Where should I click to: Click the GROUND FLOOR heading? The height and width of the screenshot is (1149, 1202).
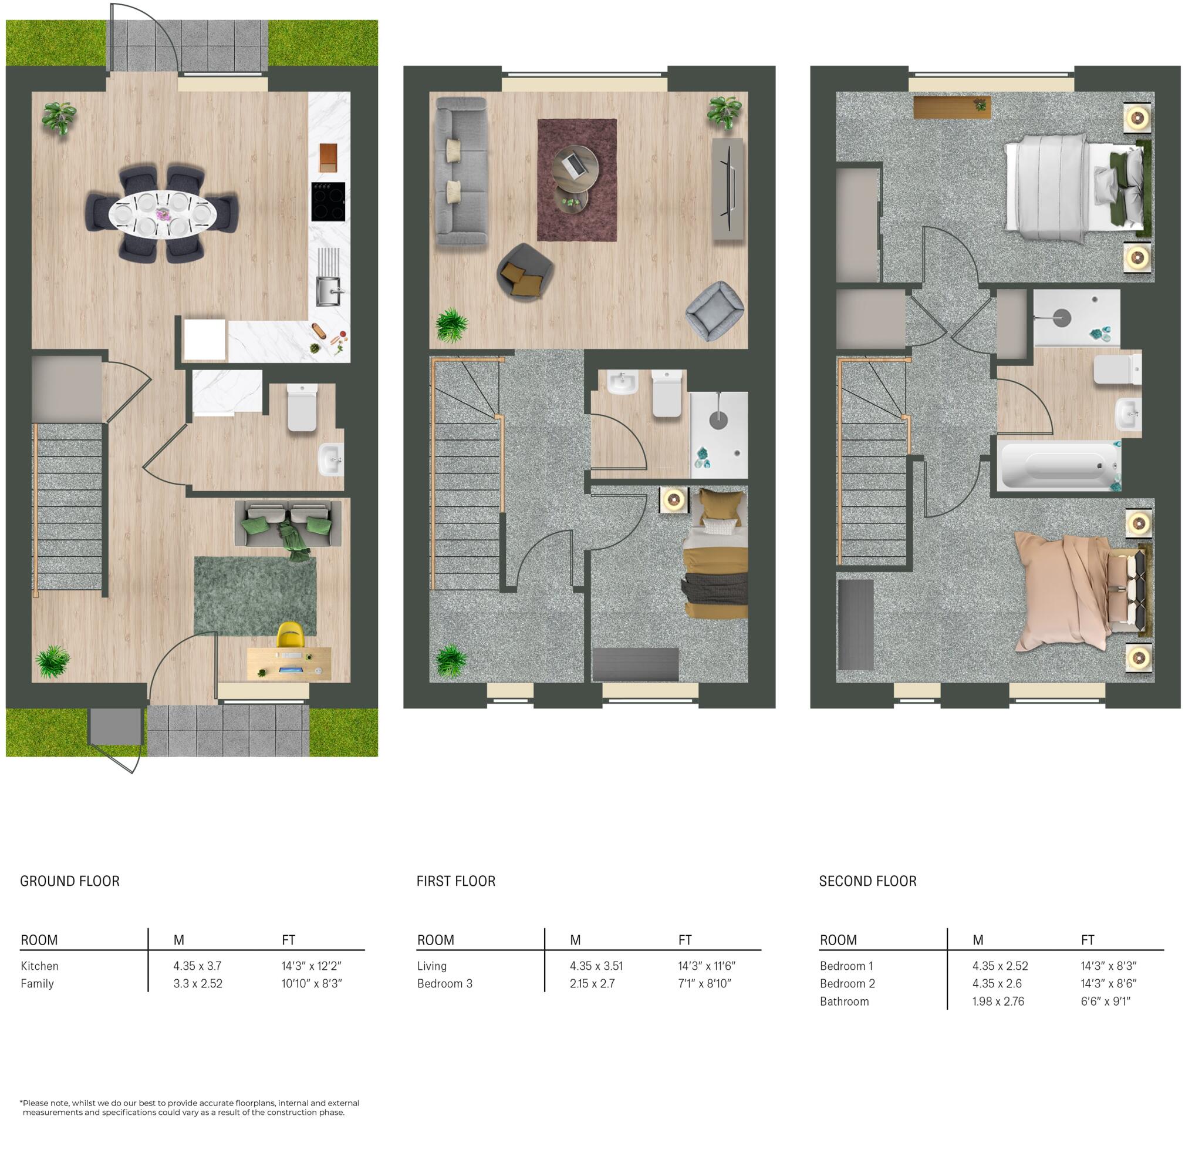click(70, 881)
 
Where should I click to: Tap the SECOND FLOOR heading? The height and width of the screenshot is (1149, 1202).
click(867, 881)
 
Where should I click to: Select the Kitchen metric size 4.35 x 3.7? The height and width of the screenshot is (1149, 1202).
click(197, 966)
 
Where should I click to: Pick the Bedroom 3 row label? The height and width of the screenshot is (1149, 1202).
click(444, 983)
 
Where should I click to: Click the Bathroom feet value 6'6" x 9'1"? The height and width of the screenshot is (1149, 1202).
click(1105, 1002)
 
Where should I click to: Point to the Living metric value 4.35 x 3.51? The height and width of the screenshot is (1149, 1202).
click(596, 966)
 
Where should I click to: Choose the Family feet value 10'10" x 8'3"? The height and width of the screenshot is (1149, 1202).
click(312, 983)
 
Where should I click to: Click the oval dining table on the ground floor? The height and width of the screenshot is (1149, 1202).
click(163, 214)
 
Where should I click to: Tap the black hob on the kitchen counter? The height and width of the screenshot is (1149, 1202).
click(327, 201)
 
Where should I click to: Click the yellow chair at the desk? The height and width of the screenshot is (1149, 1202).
click(291, 635)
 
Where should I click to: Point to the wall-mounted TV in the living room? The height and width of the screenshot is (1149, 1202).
click(728, 189)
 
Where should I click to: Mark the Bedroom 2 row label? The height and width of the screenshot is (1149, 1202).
click(847, 983)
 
